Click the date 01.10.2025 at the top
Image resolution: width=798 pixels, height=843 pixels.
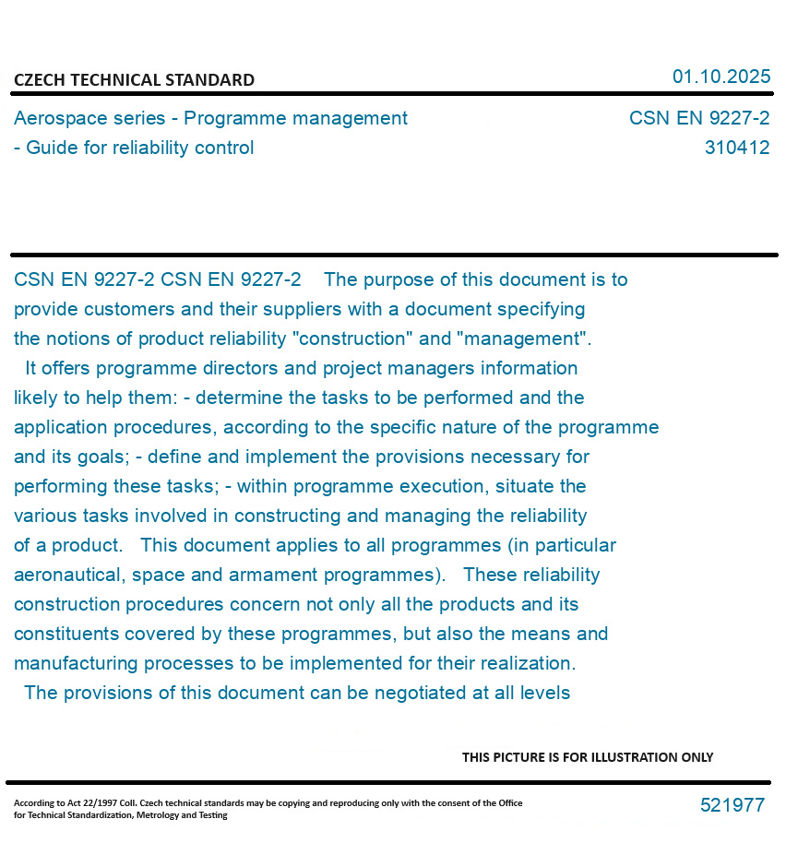(x=721, y=77)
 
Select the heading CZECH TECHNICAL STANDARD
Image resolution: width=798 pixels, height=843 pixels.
(x=134, y=80)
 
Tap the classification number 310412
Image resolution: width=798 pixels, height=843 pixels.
(x=736, y=148)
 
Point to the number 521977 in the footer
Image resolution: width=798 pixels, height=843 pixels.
(x=732, y=805)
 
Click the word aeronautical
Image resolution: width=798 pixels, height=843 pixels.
(x=67, y=575)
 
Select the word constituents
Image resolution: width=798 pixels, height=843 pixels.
(x=69, y=634)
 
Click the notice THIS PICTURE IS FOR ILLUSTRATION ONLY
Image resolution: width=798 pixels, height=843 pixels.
(x=588, y=757)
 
